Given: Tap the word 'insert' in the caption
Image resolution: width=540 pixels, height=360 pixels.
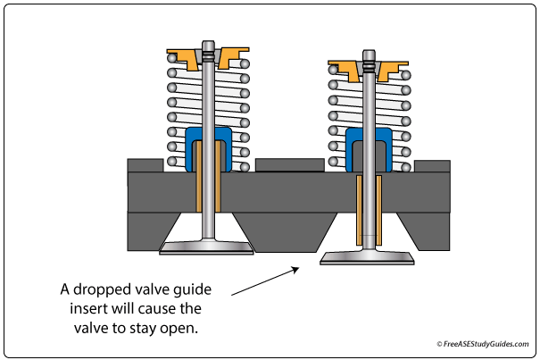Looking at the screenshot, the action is point(86,308).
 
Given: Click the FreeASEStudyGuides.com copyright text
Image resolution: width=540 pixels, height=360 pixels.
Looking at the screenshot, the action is point(483,344).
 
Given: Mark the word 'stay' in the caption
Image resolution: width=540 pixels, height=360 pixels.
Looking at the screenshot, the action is point(143,328).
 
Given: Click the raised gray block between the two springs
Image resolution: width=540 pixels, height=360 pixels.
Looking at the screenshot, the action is point(289,165).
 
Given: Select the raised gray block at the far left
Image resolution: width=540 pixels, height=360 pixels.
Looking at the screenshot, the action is point(145,165).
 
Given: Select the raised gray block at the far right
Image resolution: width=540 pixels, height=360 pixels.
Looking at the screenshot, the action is point(432,166).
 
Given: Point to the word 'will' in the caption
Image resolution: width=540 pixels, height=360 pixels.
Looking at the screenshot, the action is point(116,308).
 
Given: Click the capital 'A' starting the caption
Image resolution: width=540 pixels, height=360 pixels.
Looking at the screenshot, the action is point(65,289).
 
